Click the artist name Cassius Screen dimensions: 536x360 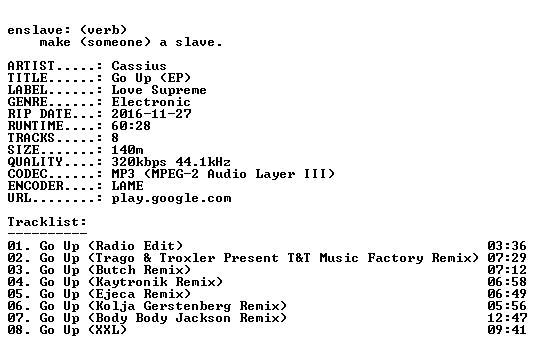pyautogui.click(x=139, y=66)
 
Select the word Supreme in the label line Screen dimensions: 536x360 pyautogui.click(x=179, y=90)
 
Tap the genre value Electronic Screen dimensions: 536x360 pyautogui.click(x=151, y=102)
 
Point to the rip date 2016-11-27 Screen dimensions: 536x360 pyautogui.click(x=151, y=114)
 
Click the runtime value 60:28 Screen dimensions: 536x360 pyautogui.click(x=131, y=126)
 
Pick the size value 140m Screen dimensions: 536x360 pyautogui.click(x=127, y=150)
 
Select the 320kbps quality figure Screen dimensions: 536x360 pyautogui.click(x=139, y=162)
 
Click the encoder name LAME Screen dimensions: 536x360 pyautogui.click(x=127, y=186)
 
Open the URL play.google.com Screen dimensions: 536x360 pyautogui.click(x=171, y=198)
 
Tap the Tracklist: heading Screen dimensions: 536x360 pyautogui.click(x=47, y=222)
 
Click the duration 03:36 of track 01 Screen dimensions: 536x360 pyautogui.click(x=507, y=246)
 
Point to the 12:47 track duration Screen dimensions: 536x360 pyautogui.click(x=507, y=318)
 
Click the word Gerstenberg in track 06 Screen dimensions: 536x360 pyautogui.click(x=187, y=306)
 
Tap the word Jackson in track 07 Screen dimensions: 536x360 pyautogui.click(x=203, y=318)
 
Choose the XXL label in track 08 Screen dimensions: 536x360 pyautogui.click(x=107, y=330)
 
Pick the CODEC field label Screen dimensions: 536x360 pyautogui.click(x=27, y=174)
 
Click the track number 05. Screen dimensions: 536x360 pyautogui.click(x=15, y=294)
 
